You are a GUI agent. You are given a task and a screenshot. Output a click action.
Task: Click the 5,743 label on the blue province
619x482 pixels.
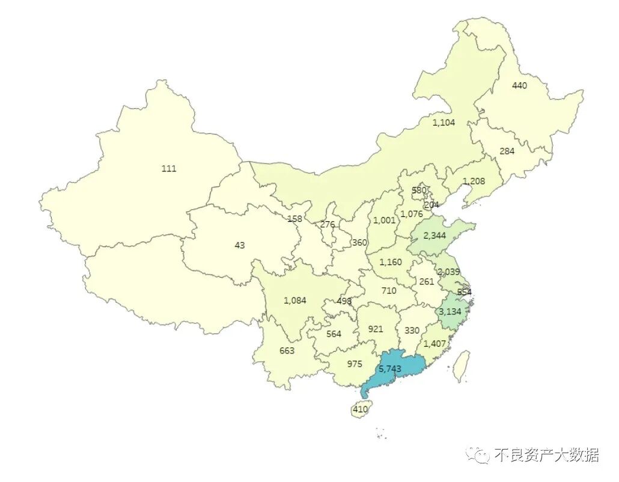389,368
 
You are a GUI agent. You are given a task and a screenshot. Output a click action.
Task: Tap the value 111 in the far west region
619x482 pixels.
169,169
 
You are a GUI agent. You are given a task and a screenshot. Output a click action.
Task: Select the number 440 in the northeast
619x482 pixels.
519,85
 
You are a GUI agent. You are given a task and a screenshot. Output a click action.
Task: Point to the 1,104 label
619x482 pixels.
444,122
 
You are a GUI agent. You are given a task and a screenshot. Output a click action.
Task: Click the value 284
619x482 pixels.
507,151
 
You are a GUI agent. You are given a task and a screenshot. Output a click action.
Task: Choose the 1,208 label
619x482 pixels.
474,181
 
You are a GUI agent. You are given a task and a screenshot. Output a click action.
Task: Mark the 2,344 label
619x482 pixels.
435,236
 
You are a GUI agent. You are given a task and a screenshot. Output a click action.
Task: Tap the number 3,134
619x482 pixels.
450,311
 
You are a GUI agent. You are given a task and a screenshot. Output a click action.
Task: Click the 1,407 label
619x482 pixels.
435,344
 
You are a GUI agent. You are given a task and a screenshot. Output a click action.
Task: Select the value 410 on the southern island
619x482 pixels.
360,410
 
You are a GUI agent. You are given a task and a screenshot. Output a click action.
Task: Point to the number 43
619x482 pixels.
240,245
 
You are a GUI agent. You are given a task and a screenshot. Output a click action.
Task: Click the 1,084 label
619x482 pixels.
295,300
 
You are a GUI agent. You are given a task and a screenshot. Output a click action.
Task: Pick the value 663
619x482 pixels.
287,350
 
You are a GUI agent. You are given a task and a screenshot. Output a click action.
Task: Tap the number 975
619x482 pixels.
355,364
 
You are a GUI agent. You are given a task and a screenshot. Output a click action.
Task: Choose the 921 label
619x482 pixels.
375,329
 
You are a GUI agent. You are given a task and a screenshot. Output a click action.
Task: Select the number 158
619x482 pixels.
294,219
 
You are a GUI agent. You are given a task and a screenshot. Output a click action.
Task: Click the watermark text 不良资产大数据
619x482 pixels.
546,455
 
